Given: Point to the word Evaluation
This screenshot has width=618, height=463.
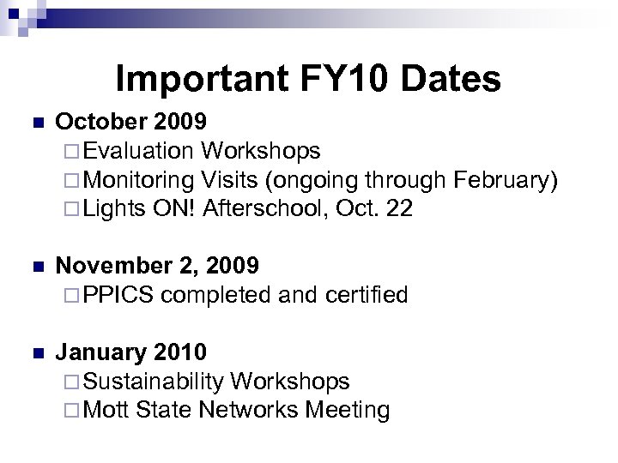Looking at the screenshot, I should click(139, 152).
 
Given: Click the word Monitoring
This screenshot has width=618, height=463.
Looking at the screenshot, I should click(140, 180).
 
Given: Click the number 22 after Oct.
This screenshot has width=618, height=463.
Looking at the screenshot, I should click(400, 208).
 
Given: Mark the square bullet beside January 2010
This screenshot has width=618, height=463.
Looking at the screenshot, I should click(34, 352).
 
